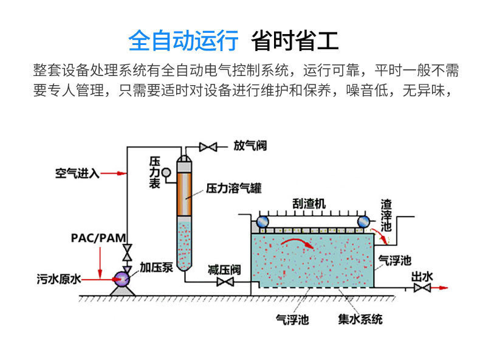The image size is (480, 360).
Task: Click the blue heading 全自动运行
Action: pos(183,41)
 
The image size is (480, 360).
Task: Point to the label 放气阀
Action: pos(250,146)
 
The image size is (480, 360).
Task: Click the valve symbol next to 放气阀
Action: pos(208,147)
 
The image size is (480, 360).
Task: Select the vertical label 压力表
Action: pos(155,172)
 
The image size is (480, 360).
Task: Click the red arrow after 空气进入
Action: pos(113,173)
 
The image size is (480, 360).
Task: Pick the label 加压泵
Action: pos(156,267)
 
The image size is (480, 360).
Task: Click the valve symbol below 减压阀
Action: pos(226,282)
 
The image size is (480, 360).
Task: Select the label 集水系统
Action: pos(360,318)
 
